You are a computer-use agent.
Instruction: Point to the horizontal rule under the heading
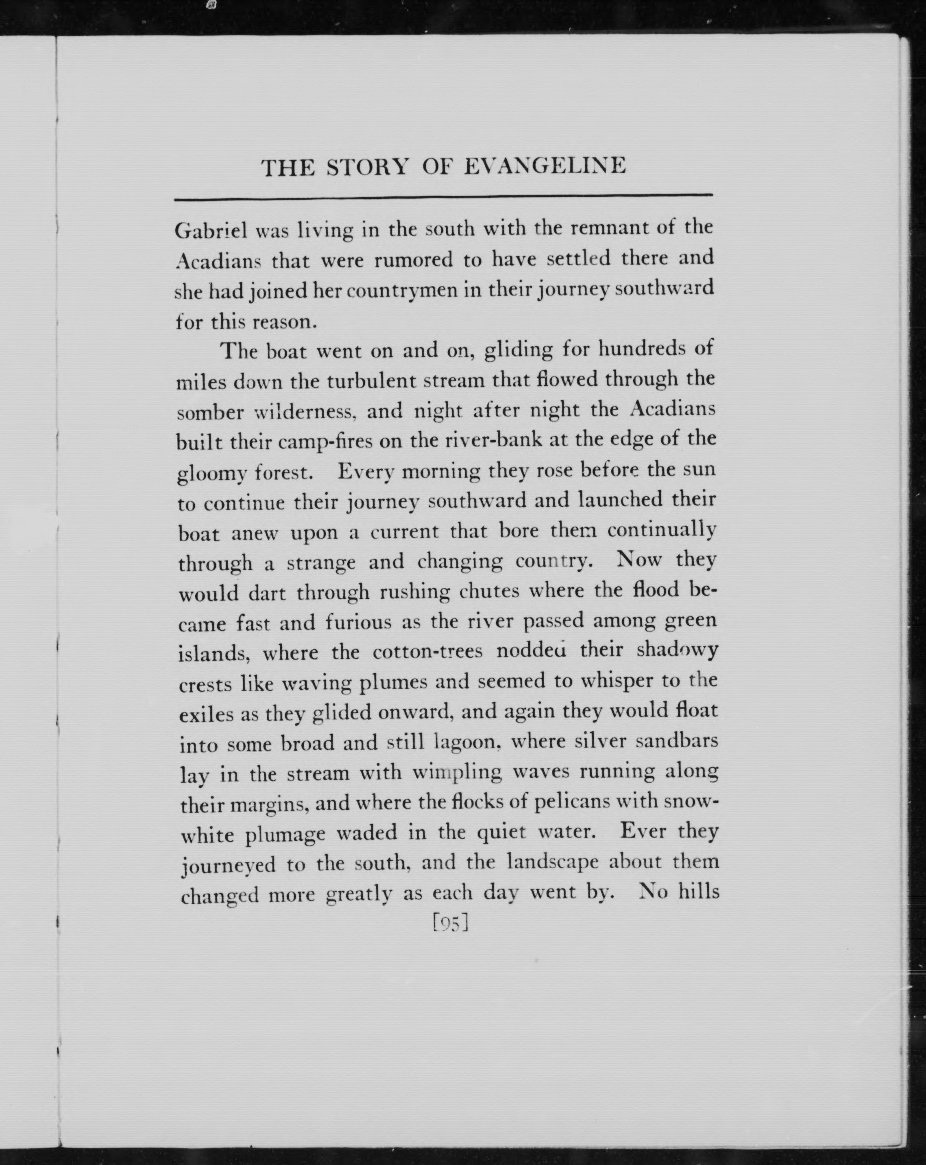pyautogui.click(x=443, y=197)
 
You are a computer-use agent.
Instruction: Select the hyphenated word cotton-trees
pyautogui.click(x=427, y=652)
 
